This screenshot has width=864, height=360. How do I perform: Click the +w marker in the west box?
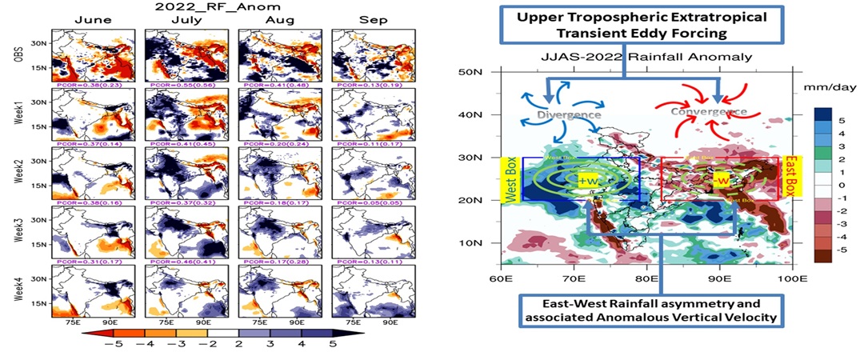pyautogui.click(x=588, y=179)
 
